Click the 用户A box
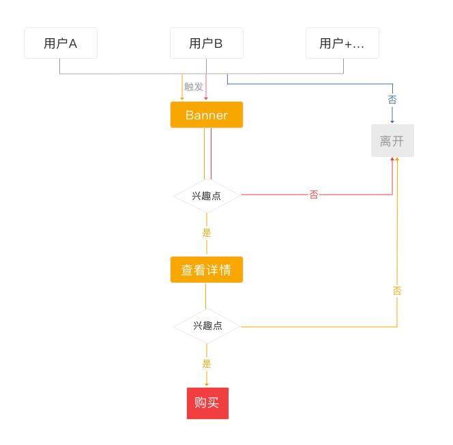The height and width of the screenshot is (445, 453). [x=61, y=43]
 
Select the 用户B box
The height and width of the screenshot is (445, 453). [x=206, y=43]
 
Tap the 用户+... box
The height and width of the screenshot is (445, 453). [x=342, y=43]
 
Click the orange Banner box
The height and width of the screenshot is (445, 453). [x=207, y=115]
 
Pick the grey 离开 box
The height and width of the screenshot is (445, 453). [x=392, y=141]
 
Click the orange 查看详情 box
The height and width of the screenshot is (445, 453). [x=207, y=270]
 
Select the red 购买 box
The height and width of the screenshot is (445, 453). [x=207, y=403]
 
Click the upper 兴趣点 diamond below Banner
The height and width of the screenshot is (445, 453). [x=207, y=195]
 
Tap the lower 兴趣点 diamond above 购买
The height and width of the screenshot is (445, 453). [x=207, y=326]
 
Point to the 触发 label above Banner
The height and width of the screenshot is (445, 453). [x=194, y=87]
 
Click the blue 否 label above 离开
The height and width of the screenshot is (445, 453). [x=392, y=100]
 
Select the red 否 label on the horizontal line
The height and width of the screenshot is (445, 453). [x=314, y=195]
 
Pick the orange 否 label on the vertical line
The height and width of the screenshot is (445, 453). [x=397, y=291]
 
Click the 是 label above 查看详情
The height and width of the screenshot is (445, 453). [x=207, y=233]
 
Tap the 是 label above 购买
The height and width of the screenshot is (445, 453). [x=207, y=364]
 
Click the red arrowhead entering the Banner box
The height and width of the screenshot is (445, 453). [x=206, y=99]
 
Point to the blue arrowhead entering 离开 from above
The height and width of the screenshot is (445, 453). [x=392, y=121]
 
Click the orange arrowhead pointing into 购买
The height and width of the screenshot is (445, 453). [x=207, y=384]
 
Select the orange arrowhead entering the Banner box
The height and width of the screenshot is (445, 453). [x=182, y=99]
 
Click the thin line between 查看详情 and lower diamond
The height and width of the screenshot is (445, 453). [x=206, y=295]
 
